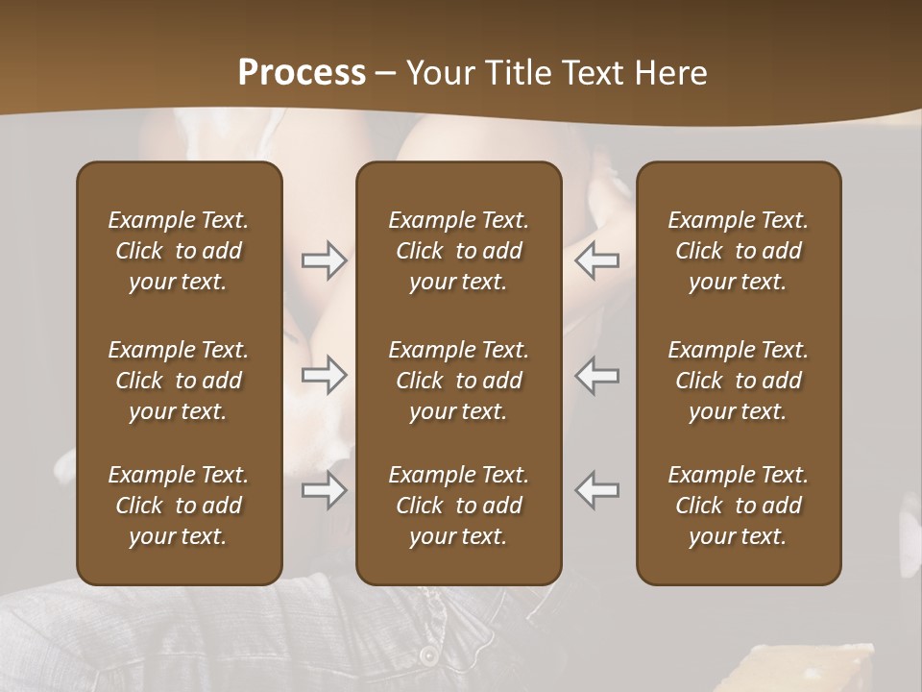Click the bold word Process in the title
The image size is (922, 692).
(302, 73)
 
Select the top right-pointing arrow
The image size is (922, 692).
(324, 260)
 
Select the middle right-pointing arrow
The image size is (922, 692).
(324, 375)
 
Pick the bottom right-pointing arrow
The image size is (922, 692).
(324, 490)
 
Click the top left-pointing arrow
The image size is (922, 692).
(597, 260)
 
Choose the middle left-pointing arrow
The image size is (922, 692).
(597, 375)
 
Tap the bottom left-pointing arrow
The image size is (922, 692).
(597, 490)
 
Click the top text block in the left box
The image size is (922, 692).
(179, 251)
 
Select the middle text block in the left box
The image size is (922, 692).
(179, 381)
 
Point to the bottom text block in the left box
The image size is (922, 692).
(179, 506)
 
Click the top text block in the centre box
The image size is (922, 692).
(458, 251)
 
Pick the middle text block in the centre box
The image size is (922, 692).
(458, 381)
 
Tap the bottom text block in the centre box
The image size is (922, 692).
(458, 506)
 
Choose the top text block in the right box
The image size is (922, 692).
(738, 251)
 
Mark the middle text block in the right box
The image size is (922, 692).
(738, 381)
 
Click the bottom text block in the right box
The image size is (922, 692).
(738, 506)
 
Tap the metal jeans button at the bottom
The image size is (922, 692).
(426, 655)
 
